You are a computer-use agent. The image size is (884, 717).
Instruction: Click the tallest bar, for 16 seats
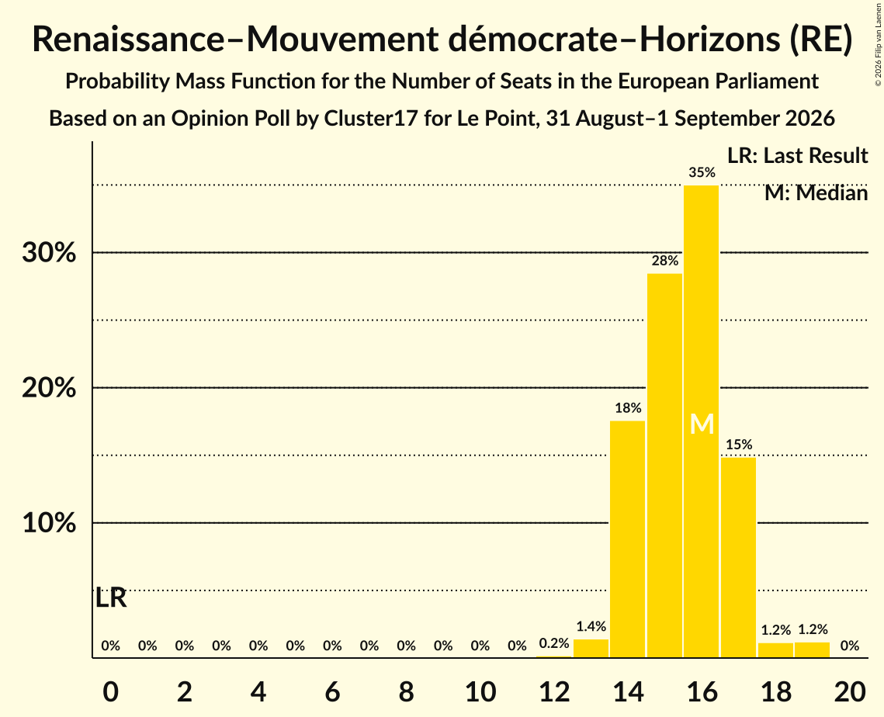[x=702, y=421]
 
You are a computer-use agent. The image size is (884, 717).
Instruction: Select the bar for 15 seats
[x=664, y=466]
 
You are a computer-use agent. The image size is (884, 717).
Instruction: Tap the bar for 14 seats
[x=627, y=539]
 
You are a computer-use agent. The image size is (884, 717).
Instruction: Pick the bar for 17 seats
[x=739, y=557]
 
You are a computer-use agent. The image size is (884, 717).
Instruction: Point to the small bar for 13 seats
[x=591, y=648]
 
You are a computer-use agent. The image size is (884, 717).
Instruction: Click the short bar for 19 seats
[x=813, y=650]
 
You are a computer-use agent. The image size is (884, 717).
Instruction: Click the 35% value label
[x=702, y=172]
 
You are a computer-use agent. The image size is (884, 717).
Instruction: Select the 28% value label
[x=664, y=261]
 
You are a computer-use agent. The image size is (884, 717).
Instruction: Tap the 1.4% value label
[x=591, y=626]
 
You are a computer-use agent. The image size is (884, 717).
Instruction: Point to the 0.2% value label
[x=554, y=643]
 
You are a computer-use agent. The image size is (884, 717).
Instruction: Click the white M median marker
[x=702, y=424]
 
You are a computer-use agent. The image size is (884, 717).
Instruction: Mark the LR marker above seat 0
[x=111, y=598]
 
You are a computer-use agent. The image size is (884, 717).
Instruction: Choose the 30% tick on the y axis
[x=49, y=252]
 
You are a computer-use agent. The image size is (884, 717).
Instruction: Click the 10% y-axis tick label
[x=49, y=523]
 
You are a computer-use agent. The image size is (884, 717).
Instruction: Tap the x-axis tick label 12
[x=555, y=691]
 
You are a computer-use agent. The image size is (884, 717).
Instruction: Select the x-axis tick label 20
[x=850, y=691]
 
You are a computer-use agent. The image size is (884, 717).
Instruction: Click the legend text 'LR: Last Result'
[x=797, y=155]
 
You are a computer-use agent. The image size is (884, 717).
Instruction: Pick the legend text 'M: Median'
[x=816, y=193]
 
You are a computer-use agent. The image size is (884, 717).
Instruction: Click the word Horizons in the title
[x=710, y=40]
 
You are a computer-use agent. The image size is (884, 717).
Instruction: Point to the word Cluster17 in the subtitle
[x=371, y=119]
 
